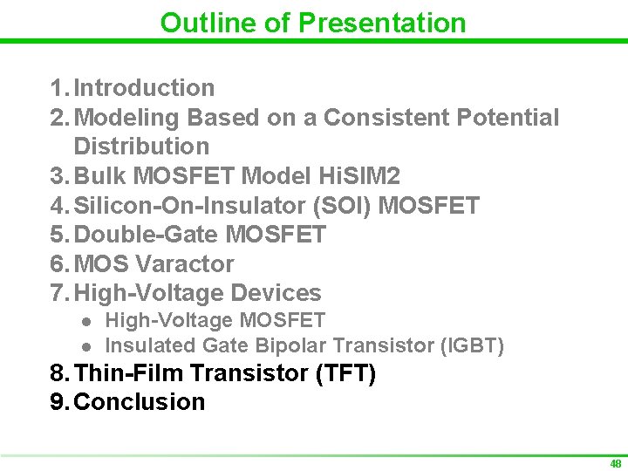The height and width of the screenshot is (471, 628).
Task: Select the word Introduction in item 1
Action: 144,88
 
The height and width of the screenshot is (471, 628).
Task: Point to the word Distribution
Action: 141,147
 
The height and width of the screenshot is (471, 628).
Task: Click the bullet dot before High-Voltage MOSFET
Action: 86,322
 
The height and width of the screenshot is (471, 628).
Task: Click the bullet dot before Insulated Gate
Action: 86,346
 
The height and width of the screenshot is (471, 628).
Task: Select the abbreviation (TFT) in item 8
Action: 346,373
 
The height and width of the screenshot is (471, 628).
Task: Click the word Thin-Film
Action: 129,373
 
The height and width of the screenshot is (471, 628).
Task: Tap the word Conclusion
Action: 140,402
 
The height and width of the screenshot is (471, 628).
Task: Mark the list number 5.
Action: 58,235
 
